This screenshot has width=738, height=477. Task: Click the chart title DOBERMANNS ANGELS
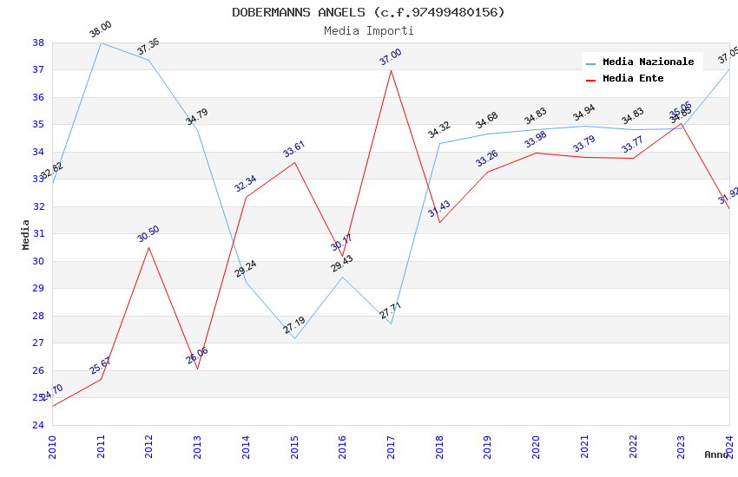point(368,12)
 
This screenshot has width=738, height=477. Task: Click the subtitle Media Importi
point(368,30)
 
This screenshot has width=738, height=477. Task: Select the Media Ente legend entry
point(633,79)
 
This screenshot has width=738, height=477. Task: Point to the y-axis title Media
point(25,234)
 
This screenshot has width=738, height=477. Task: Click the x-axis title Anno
point(716,454)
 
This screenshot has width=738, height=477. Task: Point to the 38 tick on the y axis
point(38,42)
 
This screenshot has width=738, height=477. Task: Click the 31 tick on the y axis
point(38,234)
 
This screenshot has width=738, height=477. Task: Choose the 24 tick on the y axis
point(38,425)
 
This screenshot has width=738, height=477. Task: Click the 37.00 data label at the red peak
point(391,57)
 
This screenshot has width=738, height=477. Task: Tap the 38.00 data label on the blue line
point(101,29)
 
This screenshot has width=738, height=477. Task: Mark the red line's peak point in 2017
point(391,70)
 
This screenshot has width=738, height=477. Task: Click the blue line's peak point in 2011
point(101,42)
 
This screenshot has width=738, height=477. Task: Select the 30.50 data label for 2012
point(148,234)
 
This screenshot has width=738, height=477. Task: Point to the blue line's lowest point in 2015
point(294,338)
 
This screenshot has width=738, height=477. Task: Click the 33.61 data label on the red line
point(294,149)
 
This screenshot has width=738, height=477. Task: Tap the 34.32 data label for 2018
point(439,130)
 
